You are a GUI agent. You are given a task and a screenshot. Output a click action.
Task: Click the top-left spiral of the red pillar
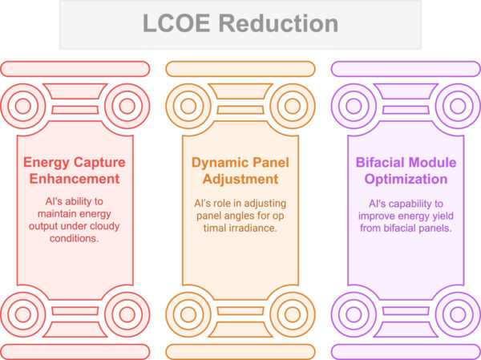coord(25,104)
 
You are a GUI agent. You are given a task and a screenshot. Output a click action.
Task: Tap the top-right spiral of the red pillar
coord(125,104)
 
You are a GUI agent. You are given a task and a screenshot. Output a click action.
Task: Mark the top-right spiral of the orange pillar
coord(290,104)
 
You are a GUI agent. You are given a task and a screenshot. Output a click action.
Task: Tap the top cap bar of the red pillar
coord(75,69)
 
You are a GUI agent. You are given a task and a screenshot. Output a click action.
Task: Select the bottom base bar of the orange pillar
coord(240,351)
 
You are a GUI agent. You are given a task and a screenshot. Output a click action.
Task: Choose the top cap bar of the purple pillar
coord(406,69)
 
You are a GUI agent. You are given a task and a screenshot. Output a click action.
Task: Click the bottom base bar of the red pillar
coord(75,351)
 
